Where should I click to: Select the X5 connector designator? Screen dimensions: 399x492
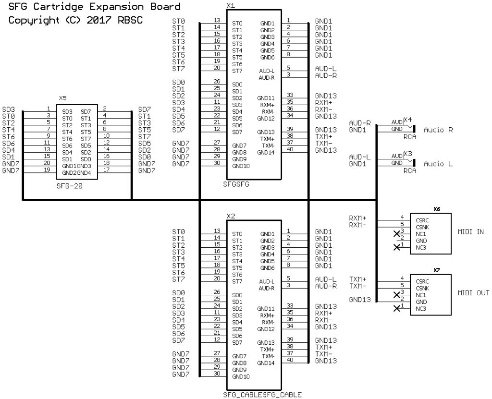(x=62, y=98)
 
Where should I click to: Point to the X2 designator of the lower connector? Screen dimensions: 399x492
(x=230, y=216)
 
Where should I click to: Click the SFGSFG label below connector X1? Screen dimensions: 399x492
(x=237, y=183)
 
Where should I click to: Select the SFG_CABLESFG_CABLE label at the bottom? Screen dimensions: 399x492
(x=262, y=395)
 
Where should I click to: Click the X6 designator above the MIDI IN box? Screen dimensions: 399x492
(x=436, y=209)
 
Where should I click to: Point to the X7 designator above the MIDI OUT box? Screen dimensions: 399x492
(x=436, y=270)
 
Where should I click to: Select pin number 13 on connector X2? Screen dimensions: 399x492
(x=217, y=230)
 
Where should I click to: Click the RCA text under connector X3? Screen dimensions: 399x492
(x=409, y=171)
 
